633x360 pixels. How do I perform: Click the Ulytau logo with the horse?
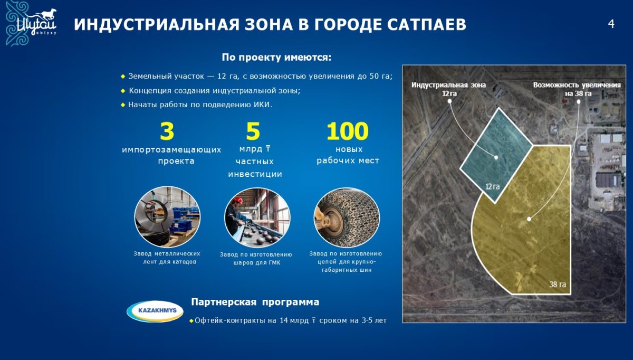32,23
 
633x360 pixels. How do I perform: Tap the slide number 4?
611,24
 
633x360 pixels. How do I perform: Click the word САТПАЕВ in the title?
427,25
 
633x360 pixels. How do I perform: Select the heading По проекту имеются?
276,58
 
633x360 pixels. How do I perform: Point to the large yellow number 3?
167,131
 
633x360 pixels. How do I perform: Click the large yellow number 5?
253,131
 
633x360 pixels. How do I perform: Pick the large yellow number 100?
347,131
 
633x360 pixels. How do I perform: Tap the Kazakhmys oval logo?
155,311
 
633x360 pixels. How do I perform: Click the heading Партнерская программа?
255,302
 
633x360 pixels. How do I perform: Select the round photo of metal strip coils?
167,217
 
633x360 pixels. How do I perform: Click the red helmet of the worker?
238,200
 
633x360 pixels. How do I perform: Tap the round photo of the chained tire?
347,217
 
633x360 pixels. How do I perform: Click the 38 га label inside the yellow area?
558,284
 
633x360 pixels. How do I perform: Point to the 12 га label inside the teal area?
492,187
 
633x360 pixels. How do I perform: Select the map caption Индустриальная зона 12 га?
449,89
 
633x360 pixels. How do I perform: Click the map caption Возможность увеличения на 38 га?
577,89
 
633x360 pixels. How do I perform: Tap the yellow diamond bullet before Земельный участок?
123,77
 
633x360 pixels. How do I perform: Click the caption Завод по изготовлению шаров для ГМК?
256,259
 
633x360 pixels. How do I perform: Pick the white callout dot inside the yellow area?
529,219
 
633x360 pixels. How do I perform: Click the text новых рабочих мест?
348,155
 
